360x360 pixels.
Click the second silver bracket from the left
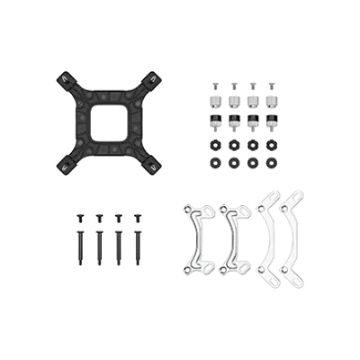tap(236, 241)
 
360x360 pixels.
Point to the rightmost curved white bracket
tap(293, 236)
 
